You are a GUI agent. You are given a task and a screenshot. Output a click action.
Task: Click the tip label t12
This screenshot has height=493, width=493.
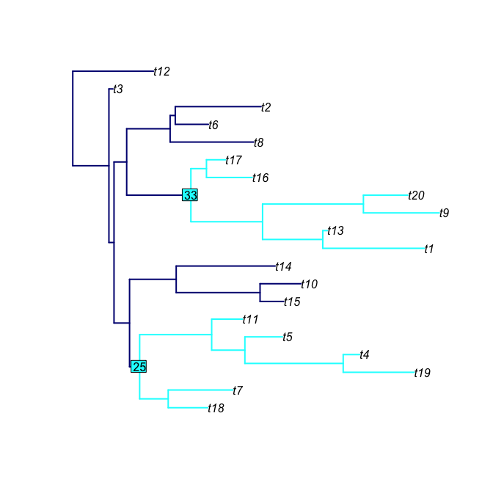(x=162, y=72)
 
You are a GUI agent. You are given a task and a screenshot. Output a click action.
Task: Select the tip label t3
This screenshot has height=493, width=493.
(x=117, y=90)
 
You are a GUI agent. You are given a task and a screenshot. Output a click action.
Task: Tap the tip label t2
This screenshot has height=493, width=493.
(x=266, y=107)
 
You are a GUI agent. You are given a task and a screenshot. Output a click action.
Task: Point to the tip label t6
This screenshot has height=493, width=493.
(x=213, y=125)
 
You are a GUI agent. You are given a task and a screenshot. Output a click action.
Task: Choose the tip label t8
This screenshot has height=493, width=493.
(x=259, y=143)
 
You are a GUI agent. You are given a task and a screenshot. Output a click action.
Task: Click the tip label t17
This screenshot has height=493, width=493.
(x=233, y=161)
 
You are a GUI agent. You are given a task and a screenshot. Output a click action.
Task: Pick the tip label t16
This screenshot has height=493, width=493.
(x=260, y=178)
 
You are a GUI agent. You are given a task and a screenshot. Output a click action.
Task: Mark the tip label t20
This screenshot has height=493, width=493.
(x=417, y=196)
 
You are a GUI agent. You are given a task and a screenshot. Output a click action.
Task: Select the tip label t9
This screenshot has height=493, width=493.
(x=444, y=213)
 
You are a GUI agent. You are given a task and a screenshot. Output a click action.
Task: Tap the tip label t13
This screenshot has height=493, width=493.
(x=335, y=231)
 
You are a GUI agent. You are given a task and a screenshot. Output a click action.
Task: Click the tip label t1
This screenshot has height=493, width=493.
(x=429, y=249)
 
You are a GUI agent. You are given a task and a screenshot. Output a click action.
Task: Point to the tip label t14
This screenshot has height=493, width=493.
(x=284, y=267)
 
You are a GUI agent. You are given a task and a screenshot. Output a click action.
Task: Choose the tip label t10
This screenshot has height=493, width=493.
(x=309, y=285)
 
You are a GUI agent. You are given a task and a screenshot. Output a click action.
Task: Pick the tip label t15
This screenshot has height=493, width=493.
(x=292, y=302)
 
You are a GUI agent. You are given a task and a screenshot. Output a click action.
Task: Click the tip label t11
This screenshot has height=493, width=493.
(x=251, y=320)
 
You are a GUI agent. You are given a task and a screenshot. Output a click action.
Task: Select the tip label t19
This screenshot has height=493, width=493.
(x=422, y=373)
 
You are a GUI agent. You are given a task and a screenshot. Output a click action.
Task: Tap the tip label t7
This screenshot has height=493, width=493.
(x=238, y=391)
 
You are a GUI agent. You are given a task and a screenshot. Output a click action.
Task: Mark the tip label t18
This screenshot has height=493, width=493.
(x=216, y=409)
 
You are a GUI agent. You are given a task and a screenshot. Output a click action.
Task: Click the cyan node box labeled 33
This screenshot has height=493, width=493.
(x=191, y=195)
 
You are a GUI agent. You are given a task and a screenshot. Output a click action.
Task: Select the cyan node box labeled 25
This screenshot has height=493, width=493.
(x=139, y=366)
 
